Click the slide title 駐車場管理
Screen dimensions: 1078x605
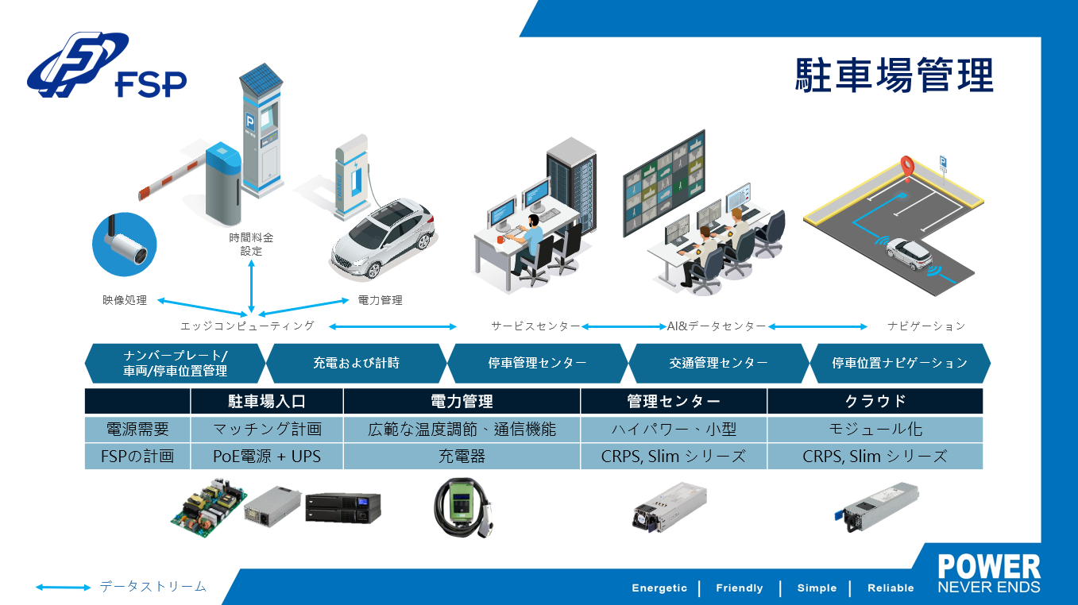click(x=894, y=75)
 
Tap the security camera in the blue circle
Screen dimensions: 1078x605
click(x=125, y=245)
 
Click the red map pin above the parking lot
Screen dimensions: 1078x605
click(x=907, y=168)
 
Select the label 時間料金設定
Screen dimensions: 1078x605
click(x=251, y=245)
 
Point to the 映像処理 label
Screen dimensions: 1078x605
click(x=125, y=300)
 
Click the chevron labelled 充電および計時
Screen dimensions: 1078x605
click(x=357, y=363)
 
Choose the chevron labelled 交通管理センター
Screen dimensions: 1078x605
click(x=718, y=363)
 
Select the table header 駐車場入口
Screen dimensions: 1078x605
click(x=267, y=401)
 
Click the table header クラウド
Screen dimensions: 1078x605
click(x=875, y=401)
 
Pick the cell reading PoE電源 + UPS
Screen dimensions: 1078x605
click(x=267, y=456)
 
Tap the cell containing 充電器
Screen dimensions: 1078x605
click(x=462, y=456)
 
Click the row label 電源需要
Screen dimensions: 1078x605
click(x=137, y=429)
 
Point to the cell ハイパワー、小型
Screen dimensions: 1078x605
click(x=674, y=429)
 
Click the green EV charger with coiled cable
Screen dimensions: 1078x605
click(x=463, y=507)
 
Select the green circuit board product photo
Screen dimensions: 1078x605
click(x=208, y=507)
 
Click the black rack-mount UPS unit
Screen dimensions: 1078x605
click(x=343, y=508)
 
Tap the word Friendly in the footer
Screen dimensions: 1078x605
click(x=740, y=588)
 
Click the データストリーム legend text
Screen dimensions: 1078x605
click(x=153, y=586)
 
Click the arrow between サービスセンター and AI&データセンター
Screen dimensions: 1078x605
click(x=624, y=326)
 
